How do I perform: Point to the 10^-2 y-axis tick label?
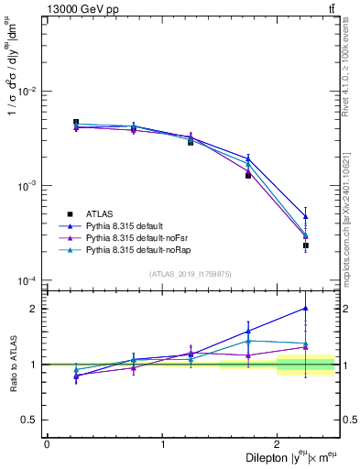(29, 92)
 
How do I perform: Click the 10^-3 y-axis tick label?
(29, 186)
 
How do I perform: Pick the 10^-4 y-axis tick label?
(29, 280)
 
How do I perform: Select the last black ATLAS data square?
(306, 245)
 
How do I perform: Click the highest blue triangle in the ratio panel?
(306, 308)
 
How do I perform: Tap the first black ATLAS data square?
(76, 122)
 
